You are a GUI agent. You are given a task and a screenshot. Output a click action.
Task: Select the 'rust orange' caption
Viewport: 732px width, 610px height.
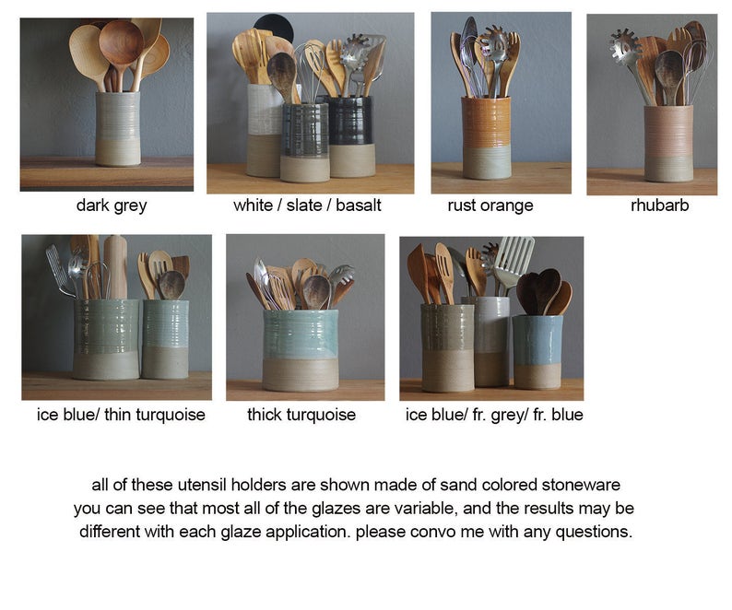tap(490, 205)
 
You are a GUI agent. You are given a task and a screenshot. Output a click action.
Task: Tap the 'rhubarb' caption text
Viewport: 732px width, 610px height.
tap(659, 205)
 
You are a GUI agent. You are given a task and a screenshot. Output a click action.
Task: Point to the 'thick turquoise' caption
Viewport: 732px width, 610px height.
tap(301, 415)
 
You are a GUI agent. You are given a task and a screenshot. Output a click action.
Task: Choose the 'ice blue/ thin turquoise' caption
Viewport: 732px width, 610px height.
tap(121, 415)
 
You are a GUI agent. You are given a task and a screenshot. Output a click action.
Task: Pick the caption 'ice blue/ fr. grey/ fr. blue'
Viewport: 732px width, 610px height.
tap(494, 415)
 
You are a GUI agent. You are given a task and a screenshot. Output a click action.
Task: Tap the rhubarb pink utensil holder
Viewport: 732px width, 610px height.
tap(668, 143)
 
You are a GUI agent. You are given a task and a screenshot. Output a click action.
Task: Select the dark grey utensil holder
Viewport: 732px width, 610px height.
tap(118, 129)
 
